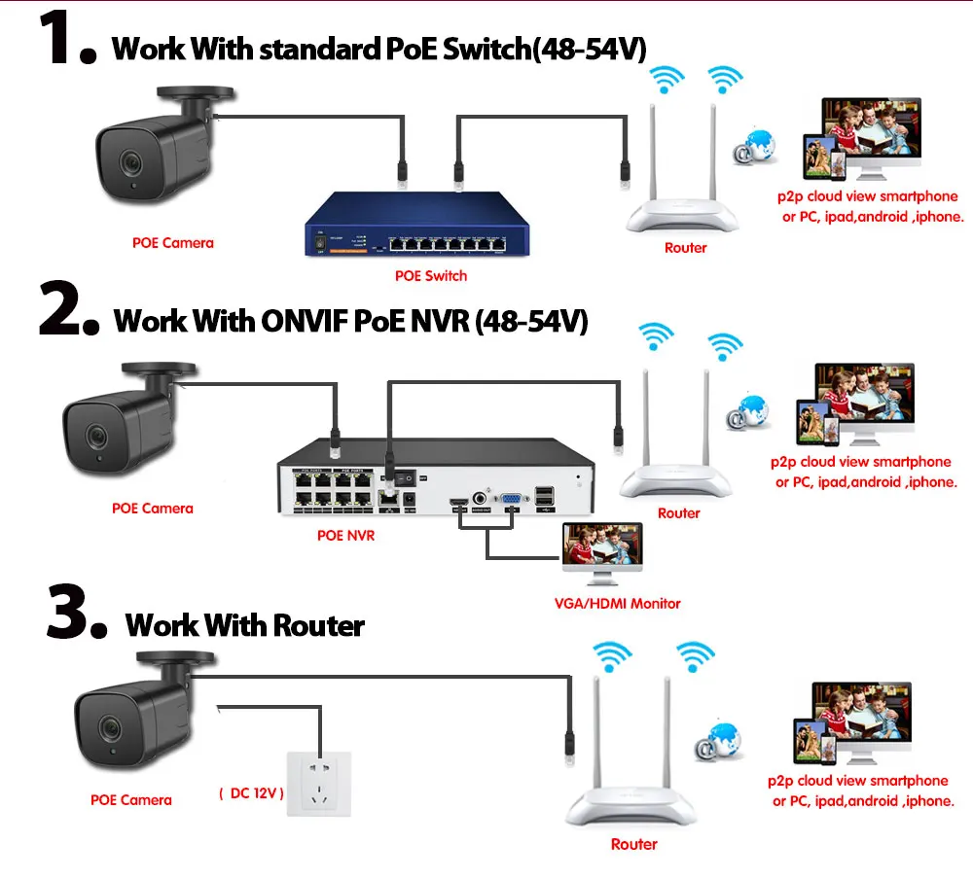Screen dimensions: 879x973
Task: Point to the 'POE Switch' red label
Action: (431, 276)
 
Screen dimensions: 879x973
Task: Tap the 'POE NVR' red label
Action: (345, 536)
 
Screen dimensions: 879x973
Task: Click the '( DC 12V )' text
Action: (251, 793)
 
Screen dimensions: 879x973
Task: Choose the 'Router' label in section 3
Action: (634, 845)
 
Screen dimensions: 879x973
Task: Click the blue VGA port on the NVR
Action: (507, 501)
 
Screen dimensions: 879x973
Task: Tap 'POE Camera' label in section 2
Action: (153, 509)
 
